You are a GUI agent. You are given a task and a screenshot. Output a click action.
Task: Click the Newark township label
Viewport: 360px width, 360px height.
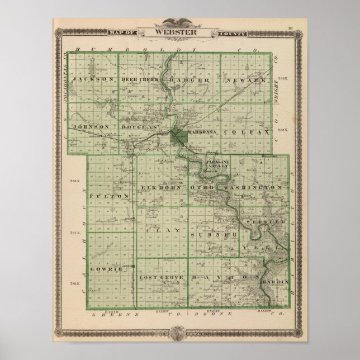[245, 80]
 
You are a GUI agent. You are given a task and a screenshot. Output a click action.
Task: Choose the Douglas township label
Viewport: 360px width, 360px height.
[140, 127]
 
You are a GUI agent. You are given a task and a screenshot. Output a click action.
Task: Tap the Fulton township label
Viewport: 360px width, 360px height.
[110, 196]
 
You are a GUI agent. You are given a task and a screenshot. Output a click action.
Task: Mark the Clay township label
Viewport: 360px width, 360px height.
[157, 229]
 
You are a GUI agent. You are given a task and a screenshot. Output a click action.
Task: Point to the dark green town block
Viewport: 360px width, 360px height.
[179, 136]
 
